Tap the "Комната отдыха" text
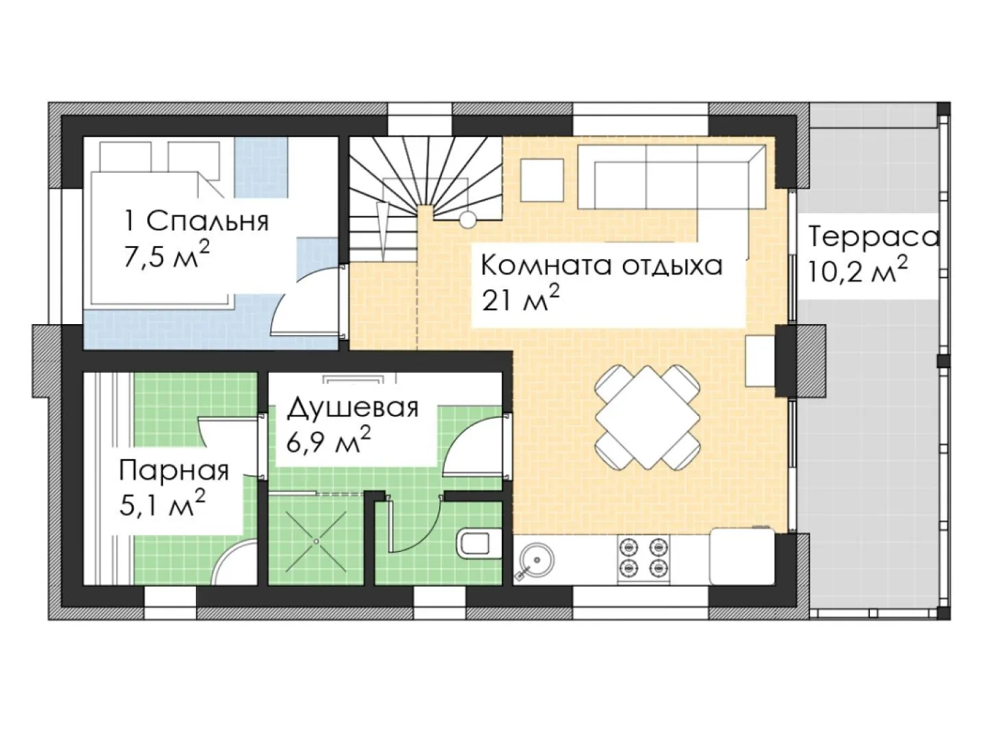tap(601, 266)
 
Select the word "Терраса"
tap(874, 237)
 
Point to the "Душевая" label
tap(353, 408)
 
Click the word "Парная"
tap(174, 471)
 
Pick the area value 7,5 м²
tap(167, 256)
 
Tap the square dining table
tap(648, 417)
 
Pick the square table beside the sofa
tap(542, 180)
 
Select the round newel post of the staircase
tap(467, 220)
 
